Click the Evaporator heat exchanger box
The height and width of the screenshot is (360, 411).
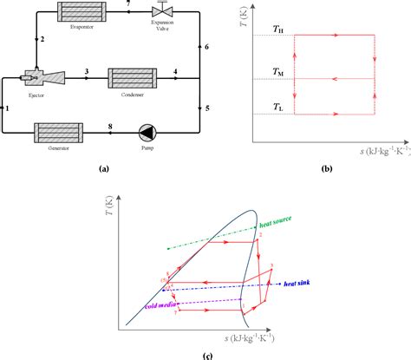click(77, 13)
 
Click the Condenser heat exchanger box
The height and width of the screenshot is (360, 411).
click(133, 79)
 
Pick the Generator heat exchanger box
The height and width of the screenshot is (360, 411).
click(58, 133)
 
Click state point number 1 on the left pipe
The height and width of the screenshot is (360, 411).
click(7, 108)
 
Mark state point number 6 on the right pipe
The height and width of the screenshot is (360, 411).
click(206, 46)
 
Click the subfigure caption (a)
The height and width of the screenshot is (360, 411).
click(104, 168)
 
